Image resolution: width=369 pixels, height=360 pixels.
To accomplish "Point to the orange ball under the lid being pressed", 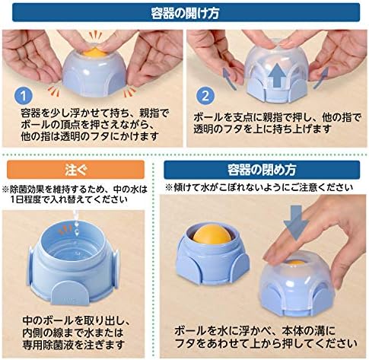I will coord(294,263).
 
